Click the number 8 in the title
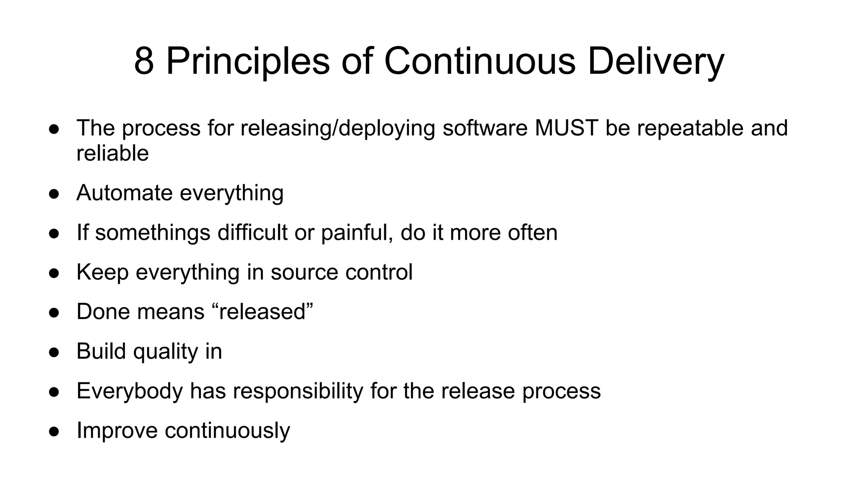(144, 61)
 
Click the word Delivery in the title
(656, 61)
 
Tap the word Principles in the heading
(248, 61)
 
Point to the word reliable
(112, 153)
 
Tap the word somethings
(153, 233)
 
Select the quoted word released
(263, 312)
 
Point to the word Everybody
(130, 391)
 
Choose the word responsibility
(298, 391)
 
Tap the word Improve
(117, 430)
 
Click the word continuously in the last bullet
(227, 430)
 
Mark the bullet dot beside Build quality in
(54, 352)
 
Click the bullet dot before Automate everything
(54, 194)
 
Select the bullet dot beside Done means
(54, 312)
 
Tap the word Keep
(102, 272)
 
